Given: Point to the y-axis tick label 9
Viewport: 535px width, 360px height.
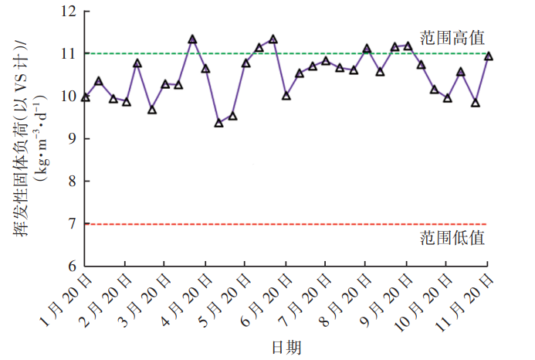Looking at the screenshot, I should click(72, 139).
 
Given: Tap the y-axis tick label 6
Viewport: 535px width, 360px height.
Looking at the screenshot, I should click(72, 266).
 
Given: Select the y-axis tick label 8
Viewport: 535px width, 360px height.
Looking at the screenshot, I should click(72, 182).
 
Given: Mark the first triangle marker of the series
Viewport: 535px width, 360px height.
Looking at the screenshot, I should click(85, 97).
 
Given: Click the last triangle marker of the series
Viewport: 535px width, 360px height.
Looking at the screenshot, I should click(489, 56).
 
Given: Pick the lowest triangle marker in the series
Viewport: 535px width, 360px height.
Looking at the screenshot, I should click(219, 122).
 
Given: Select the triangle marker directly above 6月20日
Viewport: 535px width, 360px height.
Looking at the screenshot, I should click(286, 95).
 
